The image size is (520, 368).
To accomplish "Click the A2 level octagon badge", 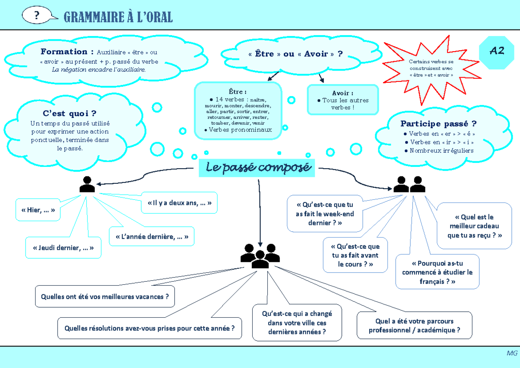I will click(x=497, y=52).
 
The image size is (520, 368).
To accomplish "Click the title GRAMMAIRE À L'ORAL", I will click(x=118, y=17).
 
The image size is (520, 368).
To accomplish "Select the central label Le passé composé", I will click(x=258, y=168).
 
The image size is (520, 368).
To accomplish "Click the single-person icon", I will click(x=87, y=184).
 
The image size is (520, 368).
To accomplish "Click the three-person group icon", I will click(x=260, y=256).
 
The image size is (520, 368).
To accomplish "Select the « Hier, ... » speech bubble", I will click(x=38, y=210).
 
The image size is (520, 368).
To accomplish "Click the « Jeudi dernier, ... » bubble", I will click(x=63, y=248).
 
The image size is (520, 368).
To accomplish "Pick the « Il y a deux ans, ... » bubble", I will click(x=179, y=203).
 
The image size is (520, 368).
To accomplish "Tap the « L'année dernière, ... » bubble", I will click(x=152, y=237).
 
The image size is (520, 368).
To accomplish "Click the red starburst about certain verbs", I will click(x=431, y=69).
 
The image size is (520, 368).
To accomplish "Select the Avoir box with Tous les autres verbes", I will click(x=342, y=100).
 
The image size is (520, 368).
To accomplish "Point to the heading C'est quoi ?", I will click(x=69, y=114).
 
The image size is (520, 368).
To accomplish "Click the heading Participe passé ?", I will click(x=438, y=124).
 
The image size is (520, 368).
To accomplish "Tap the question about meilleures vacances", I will click(x=105, y=296).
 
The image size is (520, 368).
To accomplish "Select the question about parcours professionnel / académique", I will click(x=414, y=326).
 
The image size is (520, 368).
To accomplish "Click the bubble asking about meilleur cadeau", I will click(x=474, y=226).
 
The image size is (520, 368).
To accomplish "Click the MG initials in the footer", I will click(x=512, y=353).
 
